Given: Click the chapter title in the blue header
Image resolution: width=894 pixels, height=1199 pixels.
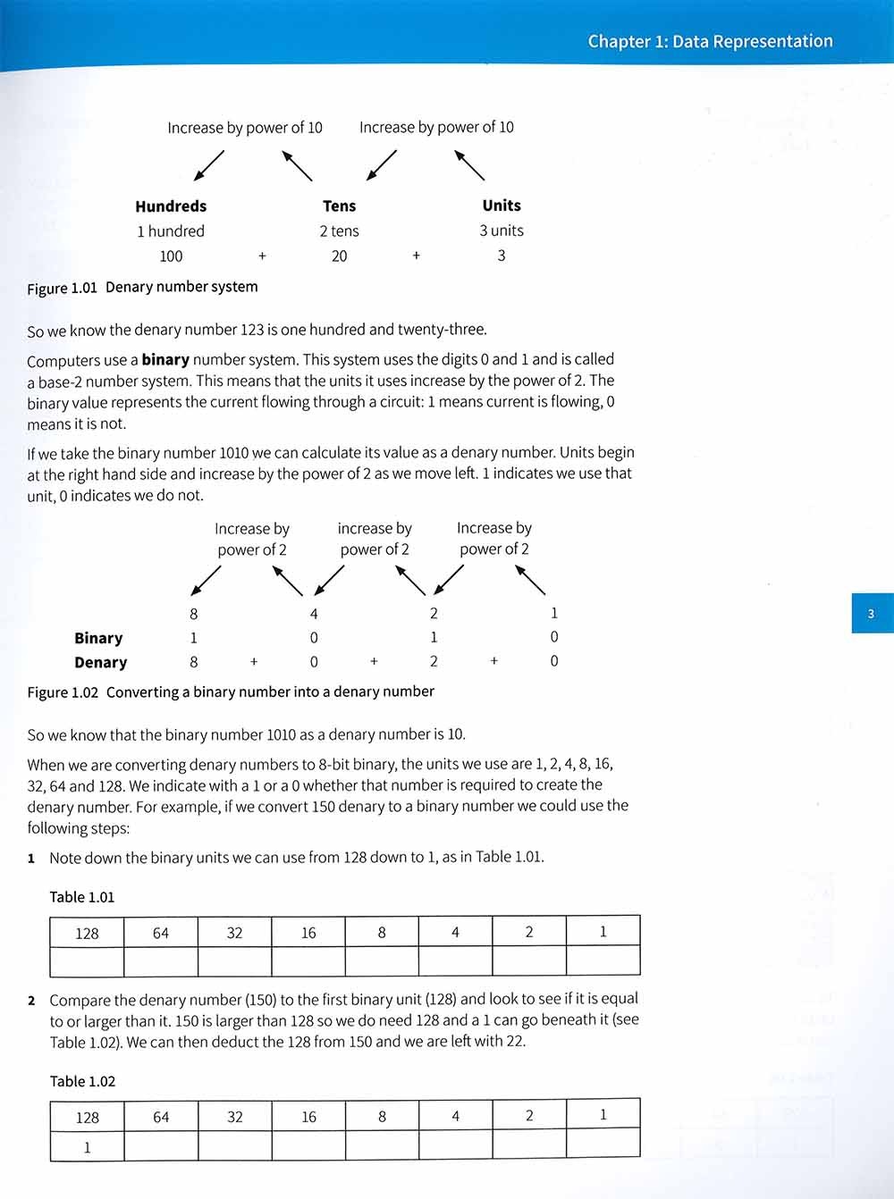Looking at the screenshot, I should [710, 41].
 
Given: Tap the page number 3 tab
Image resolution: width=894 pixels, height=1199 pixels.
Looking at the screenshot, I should [872, 614].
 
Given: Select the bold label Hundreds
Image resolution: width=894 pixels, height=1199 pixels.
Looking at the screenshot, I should [171, 206].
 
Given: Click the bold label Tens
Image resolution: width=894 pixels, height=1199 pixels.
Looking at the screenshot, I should [340, 206].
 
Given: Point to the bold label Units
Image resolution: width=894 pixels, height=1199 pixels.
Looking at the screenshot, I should [502, 205].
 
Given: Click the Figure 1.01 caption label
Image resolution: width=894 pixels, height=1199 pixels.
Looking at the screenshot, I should [62, 289].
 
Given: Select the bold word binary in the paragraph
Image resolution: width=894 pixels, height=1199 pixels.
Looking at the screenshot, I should [165, 360].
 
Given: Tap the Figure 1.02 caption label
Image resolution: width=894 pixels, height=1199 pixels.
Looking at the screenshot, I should [63, 692].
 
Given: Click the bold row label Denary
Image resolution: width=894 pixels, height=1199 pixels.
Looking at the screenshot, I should [100, 663].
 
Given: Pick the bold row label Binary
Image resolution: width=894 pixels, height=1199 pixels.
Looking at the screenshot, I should [98, 638].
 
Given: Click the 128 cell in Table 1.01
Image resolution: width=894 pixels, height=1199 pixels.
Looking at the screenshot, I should [87, 933].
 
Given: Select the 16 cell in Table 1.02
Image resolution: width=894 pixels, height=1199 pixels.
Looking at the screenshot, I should [308, 1116].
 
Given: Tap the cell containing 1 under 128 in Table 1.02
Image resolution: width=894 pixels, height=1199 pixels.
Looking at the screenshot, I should [87, 1147].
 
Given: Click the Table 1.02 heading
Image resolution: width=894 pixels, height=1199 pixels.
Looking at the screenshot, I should [82, 1081].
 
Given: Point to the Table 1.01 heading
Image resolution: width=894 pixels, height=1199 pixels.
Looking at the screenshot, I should [82, 897].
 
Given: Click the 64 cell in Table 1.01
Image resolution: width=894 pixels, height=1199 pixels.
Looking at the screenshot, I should [161, 933].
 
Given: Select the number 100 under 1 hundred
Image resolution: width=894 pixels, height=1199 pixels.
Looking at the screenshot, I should [171, 256].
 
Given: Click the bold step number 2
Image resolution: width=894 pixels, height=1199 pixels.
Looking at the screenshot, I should [32, 1000].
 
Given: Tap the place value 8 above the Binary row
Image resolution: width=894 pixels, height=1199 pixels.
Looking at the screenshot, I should [194, 614].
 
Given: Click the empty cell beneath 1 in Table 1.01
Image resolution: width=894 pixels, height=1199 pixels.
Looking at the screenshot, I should [603, 961].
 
